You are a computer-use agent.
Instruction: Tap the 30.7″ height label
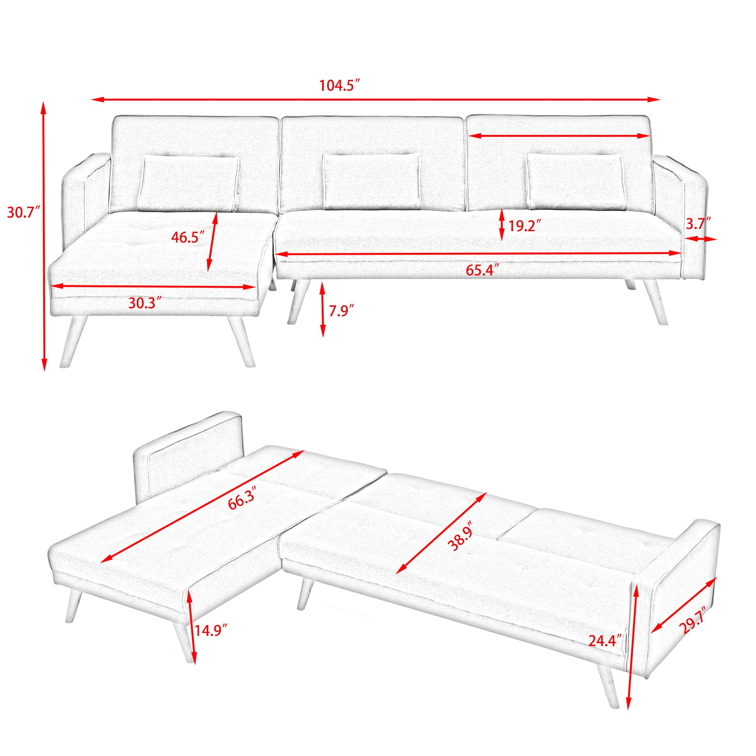coord(23,213)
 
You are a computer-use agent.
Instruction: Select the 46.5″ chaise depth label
coord(187,237)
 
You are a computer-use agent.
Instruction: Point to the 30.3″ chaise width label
coord(145,303)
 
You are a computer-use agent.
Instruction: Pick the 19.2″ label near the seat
coord(524,226)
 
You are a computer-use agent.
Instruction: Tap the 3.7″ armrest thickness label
coord(698,224)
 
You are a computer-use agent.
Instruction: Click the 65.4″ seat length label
coord(482,270)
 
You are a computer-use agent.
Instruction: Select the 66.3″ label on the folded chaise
coord(242,498)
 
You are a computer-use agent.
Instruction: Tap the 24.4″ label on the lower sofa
coord(604,641)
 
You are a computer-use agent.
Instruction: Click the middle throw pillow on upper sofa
coord(371,181)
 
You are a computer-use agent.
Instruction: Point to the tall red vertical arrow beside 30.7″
coord(44,235)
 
